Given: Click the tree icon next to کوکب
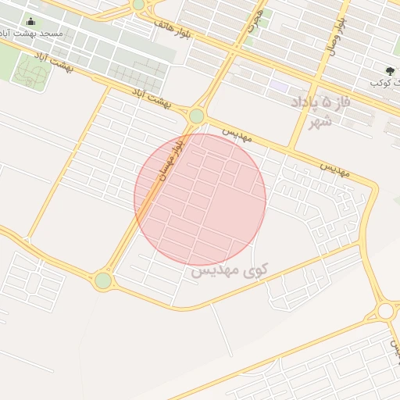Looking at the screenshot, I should coord(391,70).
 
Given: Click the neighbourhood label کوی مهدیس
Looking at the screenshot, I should coord(229,270).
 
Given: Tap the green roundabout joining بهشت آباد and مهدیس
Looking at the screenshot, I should coord(196,116).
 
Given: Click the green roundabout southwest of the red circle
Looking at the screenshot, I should coord(102,280).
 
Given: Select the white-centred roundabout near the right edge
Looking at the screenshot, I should coord(385,311).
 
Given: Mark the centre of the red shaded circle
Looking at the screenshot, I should coord(200,199).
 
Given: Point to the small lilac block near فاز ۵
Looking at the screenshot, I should coord(280,85).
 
